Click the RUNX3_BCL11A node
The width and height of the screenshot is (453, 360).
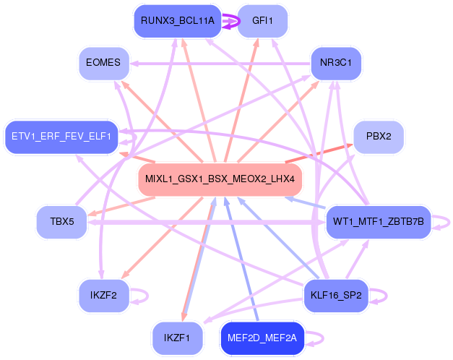pos(178,21)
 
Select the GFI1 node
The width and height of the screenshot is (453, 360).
pos(262,21)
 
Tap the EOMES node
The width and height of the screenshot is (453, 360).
pos(103,63)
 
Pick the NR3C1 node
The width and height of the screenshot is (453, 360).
pos(335,63)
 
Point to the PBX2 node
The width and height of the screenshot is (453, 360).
pos(379,136)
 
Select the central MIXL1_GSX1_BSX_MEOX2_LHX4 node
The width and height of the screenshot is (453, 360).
pos(220,179)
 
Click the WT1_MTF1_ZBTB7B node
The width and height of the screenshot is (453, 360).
pos(378,221)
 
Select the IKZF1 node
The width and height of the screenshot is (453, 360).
pos(177,337)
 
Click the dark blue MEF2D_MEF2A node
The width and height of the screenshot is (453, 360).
pos(262,337)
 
